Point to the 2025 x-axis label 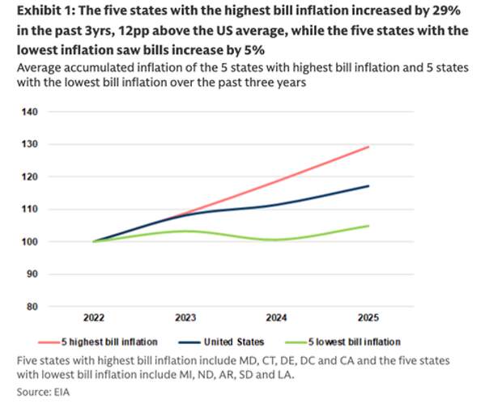pyautogui.click(x=369, y=318)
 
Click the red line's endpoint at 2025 pyautogui.click(x=369, y=147)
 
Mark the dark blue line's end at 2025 pyautogui.click(x=369, y=186)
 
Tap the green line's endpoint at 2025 pyautogui.click(x=369, y=226)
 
